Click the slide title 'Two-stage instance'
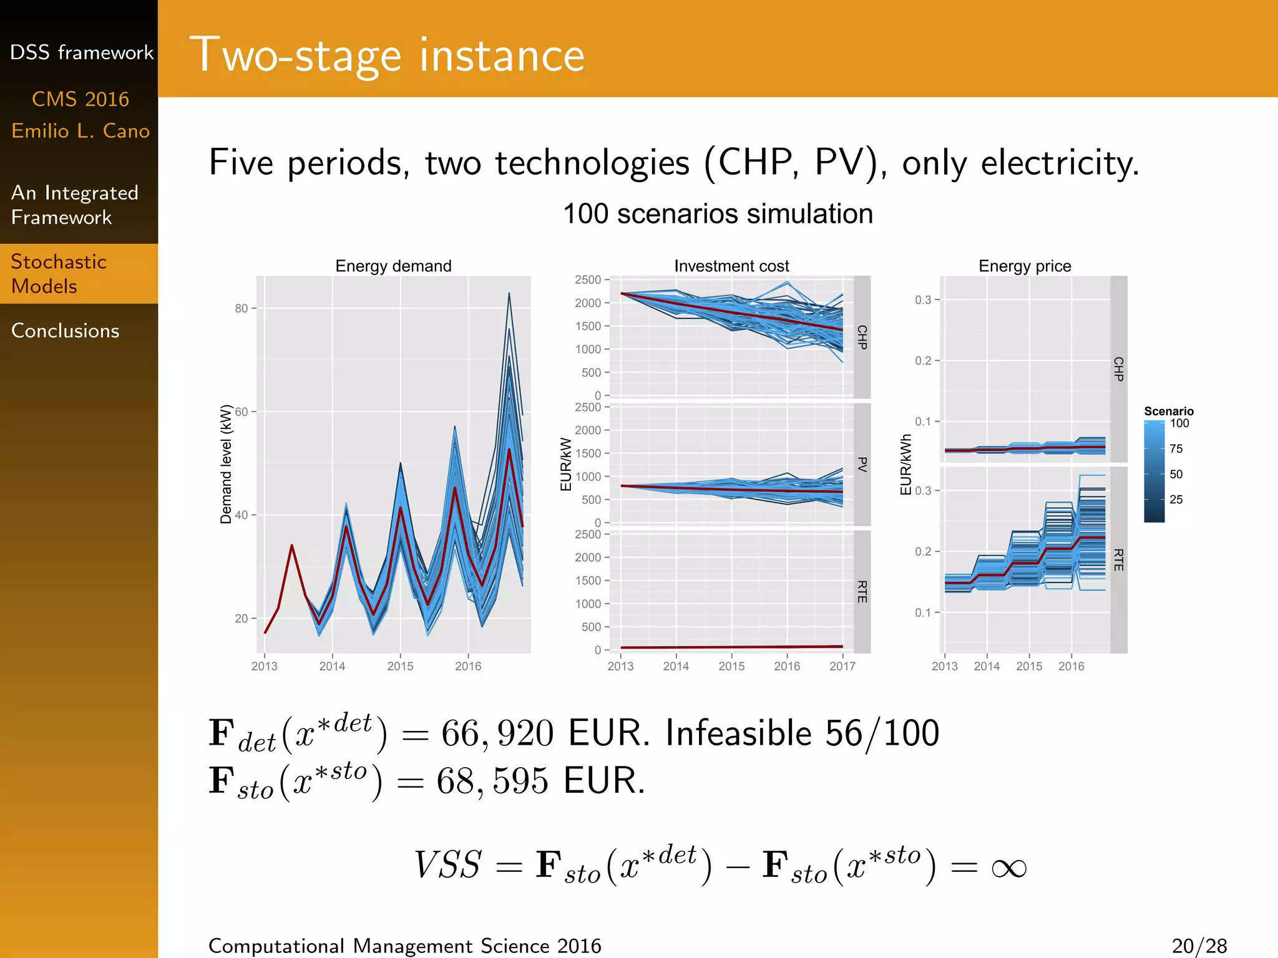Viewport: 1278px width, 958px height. pos(387,56)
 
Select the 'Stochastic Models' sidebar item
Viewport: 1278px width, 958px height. pos(59,274)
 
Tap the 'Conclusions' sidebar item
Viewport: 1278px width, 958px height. pos(65,331)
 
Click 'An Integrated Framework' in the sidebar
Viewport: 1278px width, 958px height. pos(74,205)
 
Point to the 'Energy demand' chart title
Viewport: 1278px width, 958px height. pos(393,266)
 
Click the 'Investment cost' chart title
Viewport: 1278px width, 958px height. pos(731,266)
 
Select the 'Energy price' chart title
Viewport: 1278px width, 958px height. pos(1025,266)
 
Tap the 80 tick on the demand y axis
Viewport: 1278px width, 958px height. pos(241,308)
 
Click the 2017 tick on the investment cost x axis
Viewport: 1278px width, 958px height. pos(842,666)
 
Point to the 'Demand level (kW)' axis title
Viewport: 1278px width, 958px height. pos(226,464)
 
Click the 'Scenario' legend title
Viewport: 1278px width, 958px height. pos(1168,411)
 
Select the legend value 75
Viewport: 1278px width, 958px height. pos(1176,448)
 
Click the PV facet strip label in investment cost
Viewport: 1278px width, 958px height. pos(862,464)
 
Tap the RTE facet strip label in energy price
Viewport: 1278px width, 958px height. pos(1118,559)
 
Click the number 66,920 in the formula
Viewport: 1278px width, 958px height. pos(497,733)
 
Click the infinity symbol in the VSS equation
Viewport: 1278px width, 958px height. pos(1008,868)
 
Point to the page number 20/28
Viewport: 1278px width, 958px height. pos(1199,946)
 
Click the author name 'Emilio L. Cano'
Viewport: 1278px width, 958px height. pos(80,131)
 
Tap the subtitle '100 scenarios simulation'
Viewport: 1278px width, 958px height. pos(718,214)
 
